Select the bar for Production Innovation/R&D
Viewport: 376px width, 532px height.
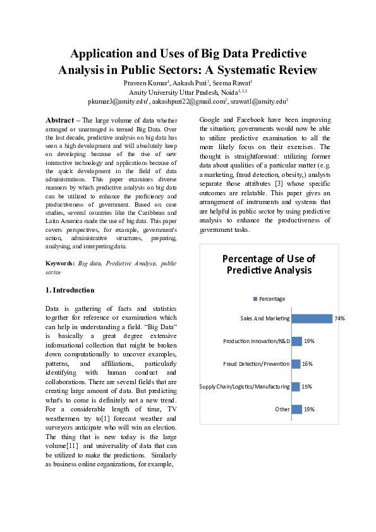click(x=296, y=341)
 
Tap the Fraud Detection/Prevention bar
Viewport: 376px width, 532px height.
click(x=295, y=364)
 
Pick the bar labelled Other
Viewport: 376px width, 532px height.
click(x=296, y=409)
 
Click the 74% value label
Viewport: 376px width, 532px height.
click(x=340, y=319)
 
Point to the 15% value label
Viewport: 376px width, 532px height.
click(x=307, y=387)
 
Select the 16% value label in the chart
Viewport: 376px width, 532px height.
click(x=308, y=364)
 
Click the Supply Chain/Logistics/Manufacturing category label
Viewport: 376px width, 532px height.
click(x=245, y=387)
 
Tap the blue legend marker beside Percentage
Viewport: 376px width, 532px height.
click(x=255, y=299)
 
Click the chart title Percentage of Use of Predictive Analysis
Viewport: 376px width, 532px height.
click(x=269, y=265)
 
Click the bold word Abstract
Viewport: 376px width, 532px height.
click(x=59, y=120)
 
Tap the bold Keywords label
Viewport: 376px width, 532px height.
click(x=60, y=263)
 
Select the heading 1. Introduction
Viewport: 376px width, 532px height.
click(x=70, y=290)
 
